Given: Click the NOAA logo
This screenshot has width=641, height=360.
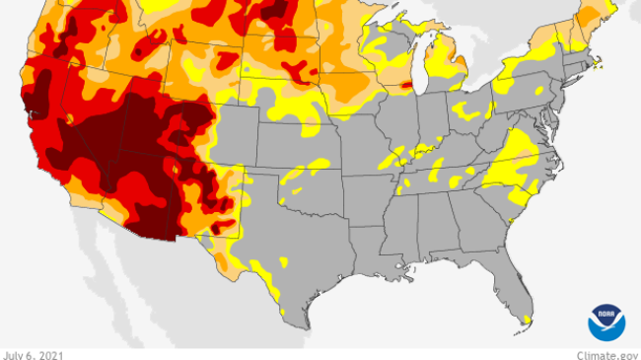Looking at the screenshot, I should click(x=606, y=322).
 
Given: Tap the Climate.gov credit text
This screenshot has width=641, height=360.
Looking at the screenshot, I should click(x=607, y=353).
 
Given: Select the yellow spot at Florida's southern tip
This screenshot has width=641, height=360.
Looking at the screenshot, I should click(x=529, y=319).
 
